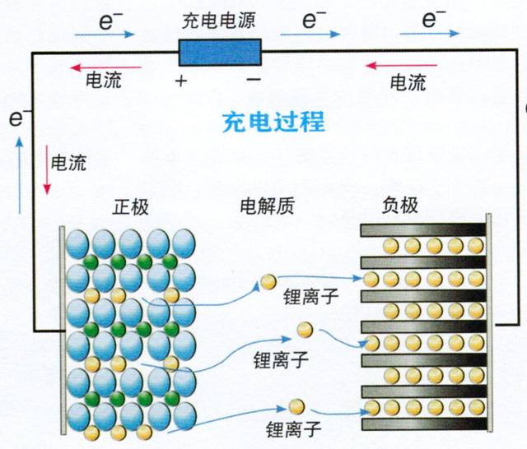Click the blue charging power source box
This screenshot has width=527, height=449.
coord(220,53)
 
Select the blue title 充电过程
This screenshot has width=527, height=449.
coord(273,123)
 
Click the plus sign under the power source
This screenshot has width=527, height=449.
coord(180,81)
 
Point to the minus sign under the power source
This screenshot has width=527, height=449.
coord(254,80)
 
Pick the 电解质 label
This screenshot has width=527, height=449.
coord(265,206)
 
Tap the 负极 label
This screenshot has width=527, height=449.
coord(401,205)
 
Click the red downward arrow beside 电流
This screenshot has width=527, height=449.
coord(46,172)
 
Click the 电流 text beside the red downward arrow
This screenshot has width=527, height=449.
coord(68,163)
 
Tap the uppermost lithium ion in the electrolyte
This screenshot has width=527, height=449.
coord(268,282)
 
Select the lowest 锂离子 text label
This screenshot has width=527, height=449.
coord(293,428)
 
